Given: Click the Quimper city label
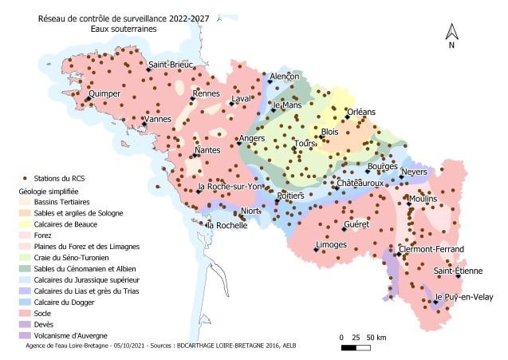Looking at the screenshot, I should pos(104,93).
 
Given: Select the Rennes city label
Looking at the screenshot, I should pos(206,93).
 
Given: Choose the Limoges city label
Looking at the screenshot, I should pos(331,243).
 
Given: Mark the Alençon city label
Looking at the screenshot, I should pos(285,76).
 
